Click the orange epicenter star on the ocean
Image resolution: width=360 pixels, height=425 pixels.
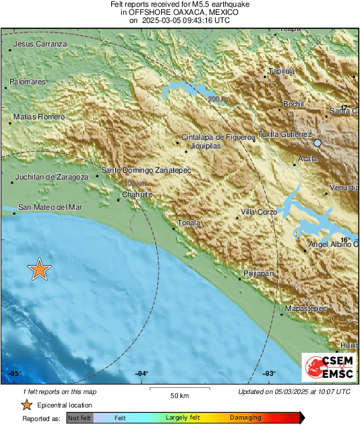[x=40, y=269]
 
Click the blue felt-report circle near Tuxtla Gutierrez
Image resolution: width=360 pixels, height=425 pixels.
[x=318, y=143]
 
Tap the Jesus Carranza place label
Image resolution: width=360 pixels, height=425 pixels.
[x=41, y=44]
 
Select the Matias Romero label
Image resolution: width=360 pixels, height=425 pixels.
[x=39, y=117]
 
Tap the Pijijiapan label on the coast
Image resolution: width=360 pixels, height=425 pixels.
[x=258, y=274]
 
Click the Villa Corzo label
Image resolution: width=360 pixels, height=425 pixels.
[x=260, y=213]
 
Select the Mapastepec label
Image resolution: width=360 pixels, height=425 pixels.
[x=306, y=308]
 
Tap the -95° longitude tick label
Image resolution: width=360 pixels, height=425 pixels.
[x=14, y=373]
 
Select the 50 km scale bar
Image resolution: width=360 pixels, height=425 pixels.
[x=179, y=389]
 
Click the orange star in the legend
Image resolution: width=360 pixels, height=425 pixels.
[x=26, y=405]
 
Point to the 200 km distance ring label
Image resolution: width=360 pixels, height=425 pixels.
[x=219, y=100]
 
